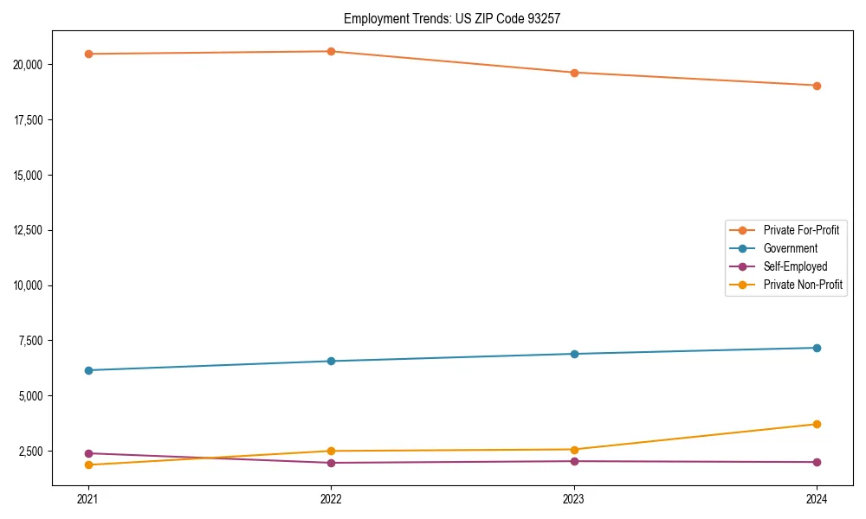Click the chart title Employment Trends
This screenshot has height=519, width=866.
pos(452,18)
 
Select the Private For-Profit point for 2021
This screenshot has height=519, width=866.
pos(88,54)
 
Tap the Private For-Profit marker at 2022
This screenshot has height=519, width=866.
pos(331,51)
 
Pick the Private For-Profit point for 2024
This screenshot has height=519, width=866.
pos(817,86)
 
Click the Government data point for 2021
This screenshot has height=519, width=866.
pos(88,370)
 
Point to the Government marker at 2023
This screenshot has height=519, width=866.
pos(574,354)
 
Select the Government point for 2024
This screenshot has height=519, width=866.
pos(817,348)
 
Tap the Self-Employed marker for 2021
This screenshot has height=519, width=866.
pos(88,453)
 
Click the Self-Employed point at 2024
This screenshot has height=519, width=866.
pos(817,462)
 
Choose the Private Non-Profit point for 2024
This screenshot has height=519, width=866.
pos(817,424)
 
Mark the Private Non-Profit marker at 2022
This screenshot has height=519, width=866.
pos(331,451)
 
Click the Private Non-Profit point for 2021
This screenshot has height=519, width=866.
pos(88,465)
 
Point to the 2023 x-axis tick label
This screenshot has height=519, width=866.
pos(574,498)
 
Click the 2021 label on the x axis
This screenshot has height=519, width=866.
pos(88,498)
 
